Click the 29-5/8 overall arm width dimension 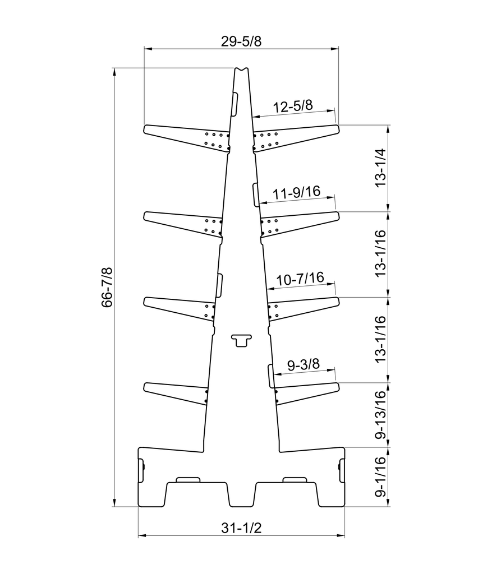pyautogui.click(x=241, y=41)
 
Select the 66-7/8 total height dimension pyautogui.click(x=107, y=288)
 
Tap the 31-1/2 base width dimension pyautogui.click(x=241, y=528)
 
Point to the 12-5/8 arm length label pyautogui.click(x=293, y=106)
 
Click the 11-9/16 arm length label pyautogui.click(x=297, y=192)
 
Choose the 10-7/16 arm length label pyautogui.click(x=300, y=279)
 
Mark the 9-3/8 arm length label pyautogui.click(x=304, y=364)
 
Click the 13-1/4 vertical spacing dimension pyautogui.click(x=381, y=168)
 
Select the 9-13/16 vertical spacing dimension pyautogui.click(x=381, y=415)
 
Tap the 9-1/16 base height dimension pyautogui.click(x=381, y=476)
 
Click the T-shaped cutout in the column pyautogui.click(x=241, y=340)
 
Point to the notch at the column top pyautogui.click(x=241, y=69)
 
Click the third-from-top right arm pyautogui.click(x=304, y=308)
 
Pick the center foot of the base pyautogui.click(x=241, y=495)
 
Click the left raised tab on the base pyautogui.click(x=188, y=480)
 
